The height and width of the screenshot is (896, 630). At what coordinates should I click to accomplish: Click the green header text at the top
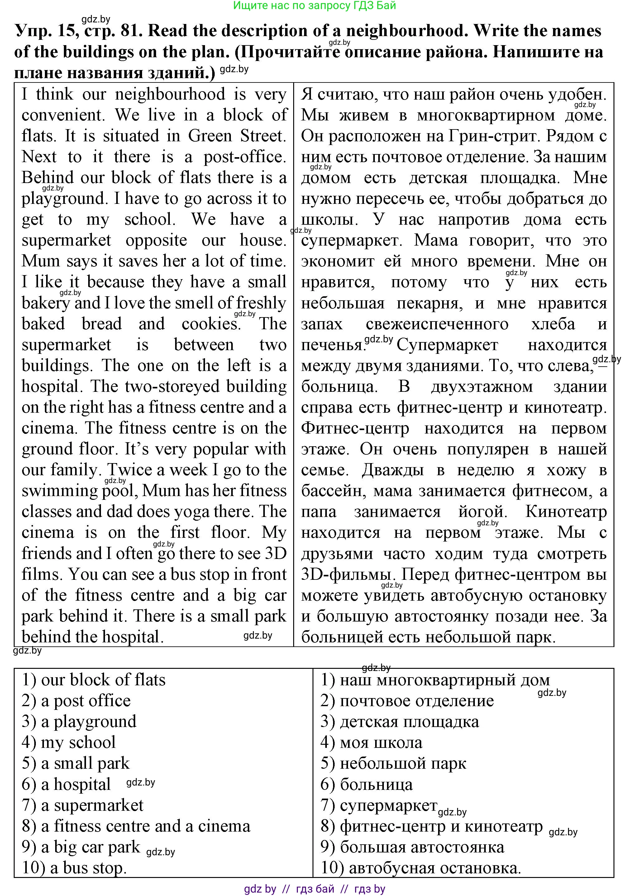314,6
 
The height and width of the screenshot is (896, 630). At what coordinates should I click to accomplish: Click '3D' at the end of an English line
276,553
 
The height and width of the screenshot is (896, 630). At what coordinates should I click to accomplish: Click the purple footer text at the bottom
314,889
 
